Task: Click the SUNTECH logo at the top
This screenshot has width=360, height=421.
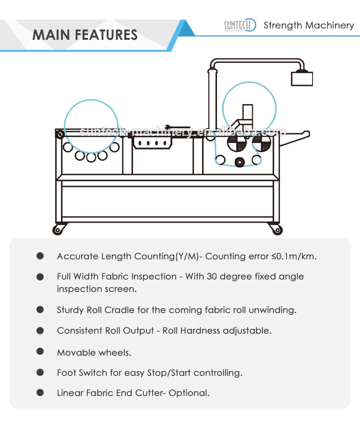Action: pos(240,25)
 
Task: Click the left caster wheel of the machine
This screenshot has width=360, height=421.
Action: pos(59,230)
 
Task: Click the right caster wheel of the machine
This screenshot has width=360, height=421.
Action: pos(276,230)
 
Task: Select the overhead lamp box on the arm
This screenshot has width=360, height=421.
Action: pos(301,78)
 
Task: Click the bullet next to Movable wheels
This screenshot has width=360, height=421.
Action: pos(40,352)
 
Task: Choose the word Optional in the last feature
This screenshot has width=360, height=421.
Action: pos(191,393)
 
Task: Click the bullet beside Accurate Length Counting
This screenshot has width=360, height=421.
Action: pos(40,256)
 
